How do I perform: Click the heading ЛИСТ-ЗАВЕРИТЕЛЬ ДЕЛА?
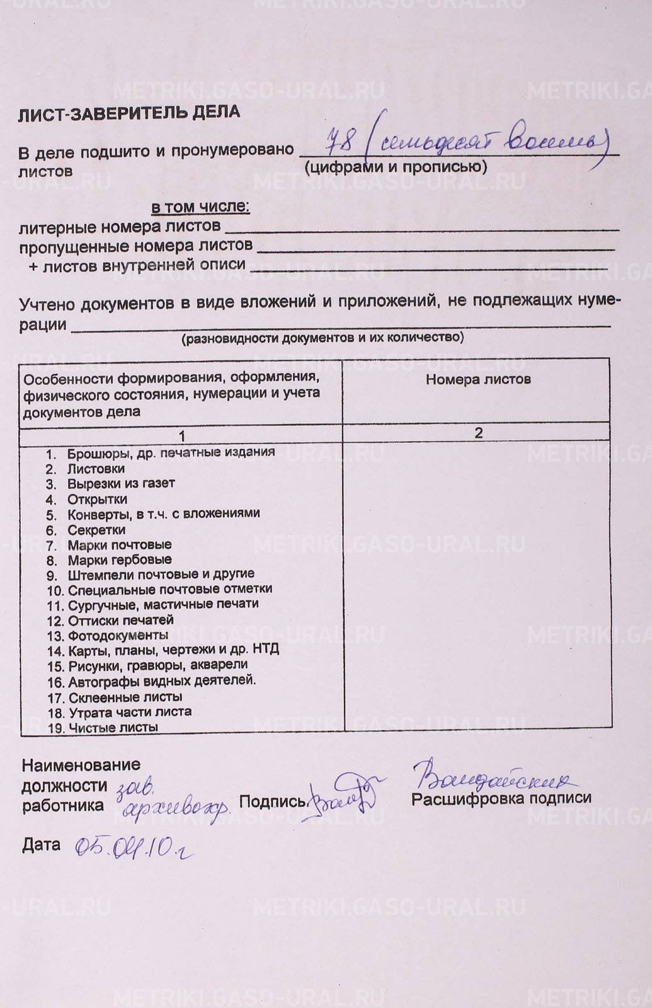point(129,113)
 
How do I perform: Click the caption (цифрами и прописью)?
point(395,167)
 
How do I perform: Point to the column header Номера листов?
point(478,379)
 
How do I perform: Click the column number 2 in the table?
point(478,433)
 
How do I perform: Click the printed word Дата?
point(41,845)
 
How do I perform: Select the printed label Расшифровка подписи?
point(501,799)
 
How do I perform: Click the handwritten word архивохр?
point(175,811)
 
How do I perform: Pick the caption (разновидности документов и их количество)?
point(323,338)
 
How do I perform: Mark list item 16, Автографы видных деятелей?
point(161,681)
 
